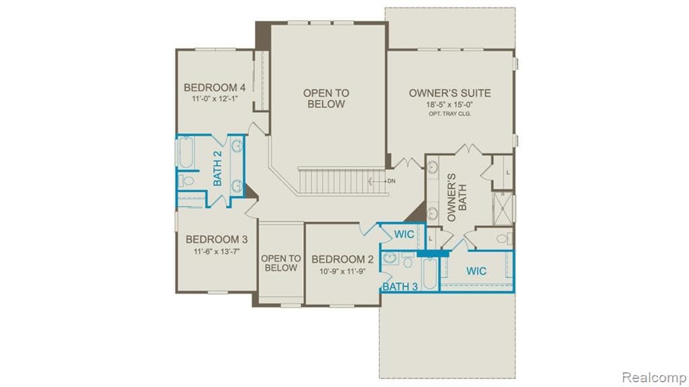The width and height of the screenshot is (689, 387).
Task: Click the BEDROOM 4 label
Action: [x=214, y=87]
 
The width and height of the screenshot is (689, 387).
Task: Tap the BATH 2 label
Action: [x=217, y=168]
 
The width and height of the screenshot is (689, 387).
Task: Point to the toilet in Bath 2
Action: [x=186, y=180]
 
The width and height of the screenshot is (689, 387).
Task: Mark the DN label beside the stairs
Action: [x=391, y=181]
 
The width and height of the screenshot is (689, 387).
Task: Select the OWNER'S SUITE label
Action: [x=449, y=93]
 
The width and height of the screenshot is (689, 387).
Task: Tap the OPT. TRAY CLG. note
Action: [x=449, y=114]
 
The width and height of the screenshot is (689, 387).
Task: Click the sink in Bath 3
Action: [x=390, y=258]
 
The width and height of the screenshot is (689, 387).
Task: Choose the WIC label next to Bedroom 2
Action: [x=404, y=234]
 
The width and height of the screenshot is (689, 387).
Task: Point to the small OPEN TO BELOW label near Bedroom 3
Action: [x=281, y=263]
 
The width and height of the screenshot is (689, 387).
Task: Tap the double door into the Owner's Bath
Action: [x=470, y=149]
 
